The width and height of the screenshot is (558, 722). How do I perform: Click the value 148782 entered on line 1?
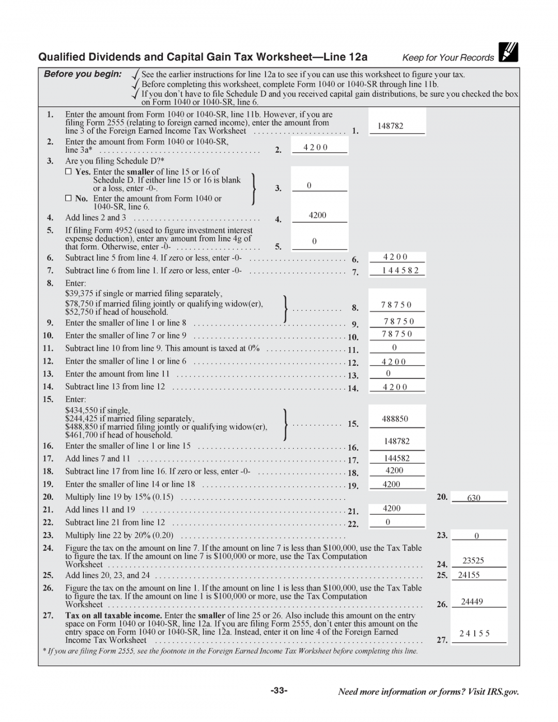[x=390, y=126]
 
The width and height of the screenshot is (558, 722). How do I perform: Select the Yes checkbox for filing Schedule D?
[x=68, y=172]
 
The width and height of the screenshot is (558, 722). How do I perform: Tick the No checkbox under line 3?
[x=68, y=198]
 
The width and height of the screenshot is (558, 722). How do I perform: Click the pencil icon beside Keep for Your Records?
[x=508, y=52]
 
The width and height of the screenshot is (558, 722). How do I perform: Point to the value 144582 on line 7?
[x=400, y=270]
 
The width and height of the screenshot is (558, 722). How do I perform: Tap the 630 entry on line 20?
[x=473, y=498]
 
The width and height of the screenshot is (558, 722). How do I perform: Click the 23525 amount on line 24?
[x=473, y=561]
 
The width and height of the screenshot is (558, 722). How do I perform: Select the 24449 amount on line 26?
[x=472, y=602]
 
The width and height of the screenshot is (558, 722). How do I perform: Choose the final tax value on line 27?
[x=474, y=634]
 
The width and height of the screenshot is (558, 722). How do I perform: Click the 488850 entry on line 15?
[x=395, y=419]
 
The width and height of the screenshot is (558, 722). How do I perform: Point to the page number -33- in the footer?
[x=279, y=690]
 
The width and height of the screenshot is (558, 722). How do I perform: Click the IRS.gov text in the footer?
[x=503, y=692]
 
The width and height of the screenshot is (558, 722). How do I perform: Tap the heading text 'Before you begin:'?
[x=83, y=74]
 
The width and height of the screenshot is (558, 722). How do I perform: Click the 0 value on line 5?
[x=314, y=241]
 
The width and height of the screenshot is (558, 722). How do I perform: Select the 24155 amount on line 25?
[x=469, y=575]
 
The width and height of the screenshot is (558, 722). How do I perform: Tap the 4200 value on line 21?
[x=391, y=509]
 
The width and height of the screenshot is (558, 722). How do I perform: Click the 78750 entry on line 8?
[x=396, y=305]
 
